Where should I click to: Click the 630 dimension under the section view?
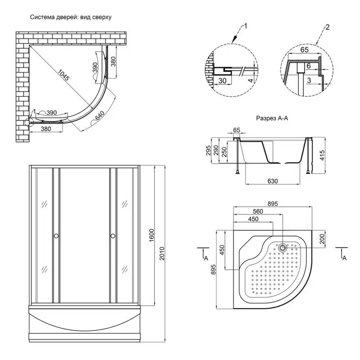click(x=272, y=181)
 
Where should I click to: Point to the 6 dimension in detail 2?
click(x=308, y=66)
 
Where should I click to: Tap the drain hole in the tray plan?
click(x=283, y=248)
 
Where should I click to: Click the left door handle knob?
click(x=56, y=236)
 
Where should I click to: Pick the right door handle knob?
click(x=113, y=236)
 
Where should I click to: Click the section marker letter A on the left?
click(x=205, y=258)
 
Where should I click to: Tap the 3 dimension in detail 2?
click(x=308, y=80)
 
